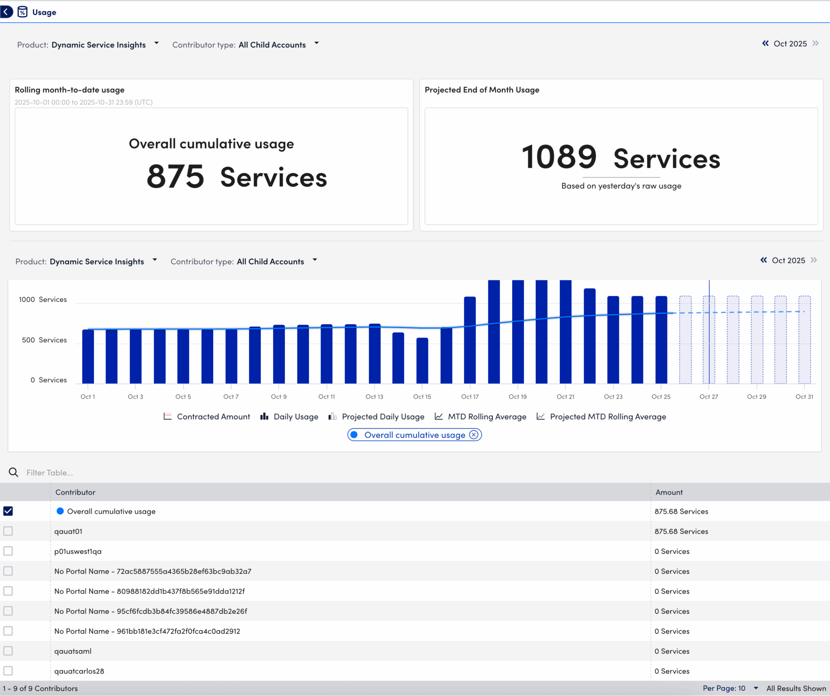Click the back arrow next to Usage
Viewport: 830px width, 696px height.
coord(6,12)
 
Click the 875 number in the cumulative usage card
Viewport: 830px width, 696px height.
coord(175,177)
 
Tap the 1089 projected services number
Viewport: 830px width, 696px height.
coord(559,158)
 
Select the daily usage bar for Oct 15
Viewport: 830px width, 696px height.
coord(422,360)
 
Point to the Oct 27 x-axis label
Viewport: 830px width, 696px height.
coord(708,397)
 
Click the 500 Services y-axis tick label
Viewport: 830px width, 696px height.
coord(44,340)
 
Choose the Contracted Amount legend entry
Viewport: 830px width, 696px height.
coord(207,416)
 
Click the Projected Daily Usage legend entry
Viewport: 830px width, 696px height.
coord(376,416)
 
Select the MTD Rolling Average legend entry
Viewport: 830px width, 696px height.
coord(481,416)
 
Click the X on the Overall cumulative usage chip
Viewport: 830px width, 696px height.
coord(473,435)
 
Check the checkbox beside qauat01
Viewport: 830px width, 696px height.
coord(8,531)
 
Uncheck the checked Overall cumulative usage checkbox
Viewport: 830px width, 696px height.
coord(8,511)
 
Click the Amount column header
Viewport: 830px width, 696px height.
coord(669,492)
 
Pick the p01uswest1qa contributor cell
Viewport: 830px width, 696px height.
coord(78,551)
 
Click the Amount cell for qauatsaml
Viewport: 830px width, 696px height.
coord(672,651)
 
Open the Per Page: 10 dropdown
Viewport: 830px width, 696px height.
coord(729,688)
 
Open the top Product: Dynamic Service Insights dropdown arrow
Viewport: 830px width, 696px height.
coord(156,43)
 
